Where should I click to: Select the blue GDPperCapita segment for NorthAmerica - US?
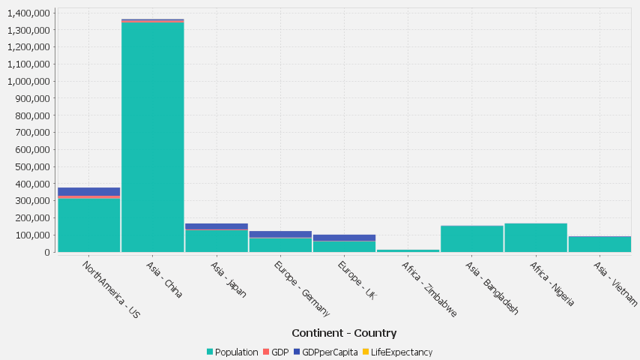[88, 191]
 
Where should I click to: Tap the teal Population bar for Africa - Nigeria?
[535, 238]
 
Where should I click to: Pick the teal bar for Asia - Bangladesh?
[471, 239]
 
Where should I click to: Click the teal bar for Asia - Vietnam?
[600, 244]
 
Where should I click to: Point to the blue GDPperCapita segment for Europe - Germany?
[280, 234]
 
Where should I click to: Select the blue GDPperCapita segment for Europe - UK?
[344, 237]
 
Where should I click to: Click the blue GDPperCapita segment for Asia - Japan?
[217, 226]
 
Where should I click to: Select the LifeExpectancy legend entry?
[401, 352]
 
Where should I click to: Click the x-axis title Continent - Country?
[344, 333]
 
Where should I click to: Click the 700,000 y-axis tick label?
[30, 133]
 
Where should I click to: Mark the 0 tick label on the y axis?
[47, 253]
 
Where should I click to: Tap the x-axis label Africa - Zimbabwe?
[429, 289]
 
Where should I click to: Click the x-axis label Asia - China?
[164, 280]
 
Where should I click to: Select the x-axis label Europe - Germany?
[302, 289]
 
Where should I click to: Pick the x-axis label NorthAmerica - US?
[111, 289]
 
